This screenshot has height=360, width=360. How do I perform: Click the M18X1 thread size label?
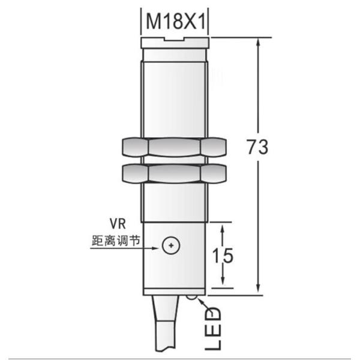pos(175,23)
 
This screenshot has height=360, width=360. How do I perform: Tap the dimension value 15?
pos(223,255)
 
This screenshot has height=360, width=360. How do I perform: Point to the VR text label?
pos(116,223)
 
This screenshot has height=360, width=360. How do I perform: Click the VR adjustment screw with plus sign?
pos(172,245)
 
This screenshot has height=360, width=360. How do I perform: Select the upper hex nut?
pos(175,146)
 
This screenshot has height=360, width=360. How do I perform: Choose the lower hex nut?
pos(175,174)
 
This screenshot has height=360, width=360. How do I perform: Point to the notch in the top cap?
pos(175,40)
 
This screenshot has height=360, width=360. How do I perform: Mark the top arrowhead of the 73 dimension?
pos(259,44)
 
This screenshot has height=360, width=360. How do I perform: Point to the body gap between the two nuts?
pos(175,160)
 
